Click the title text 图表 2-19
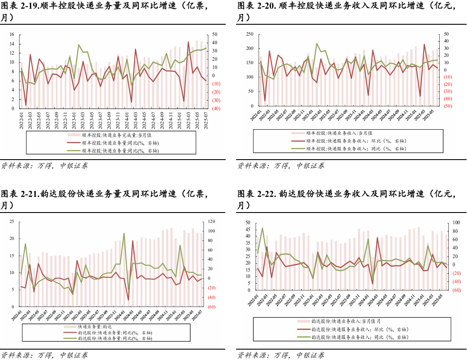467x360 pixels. pyautogui.click(x=22, y=6)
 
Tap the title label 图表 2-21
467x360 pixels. pyautogui.click(x=22, y=194)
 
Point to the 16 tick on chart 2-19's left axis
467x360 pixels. pyautogui.click(x=12, y=34)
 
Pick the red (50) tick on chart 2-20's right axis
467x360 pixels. pyautogui.click(x=448, y=106)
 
